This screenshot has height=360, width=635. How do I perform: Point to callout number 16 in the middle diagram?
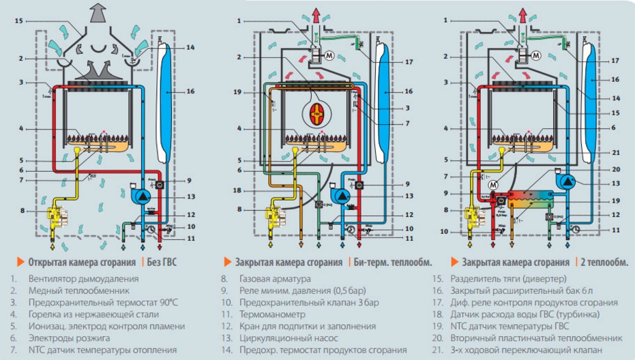409,91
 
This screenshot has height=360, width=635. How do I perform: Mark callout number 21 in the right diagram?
615,153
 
